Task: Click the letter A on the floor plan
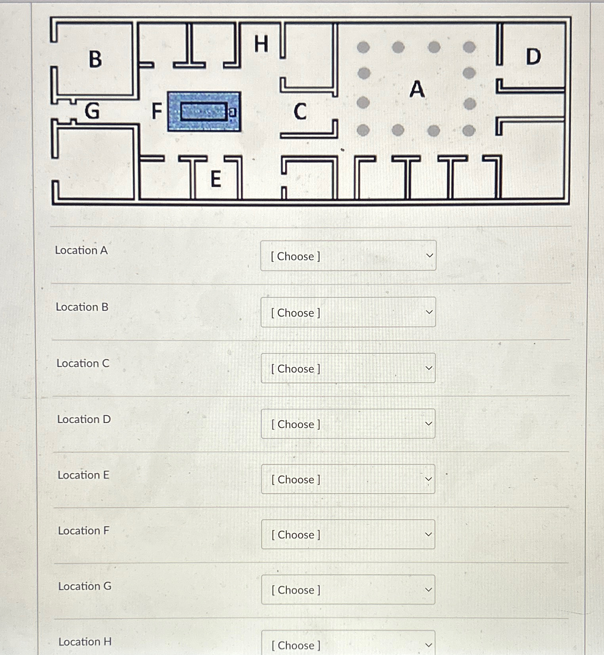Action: [417, 89]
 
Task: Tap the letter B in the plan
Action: [95, 59]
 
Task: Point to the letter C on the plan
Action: [300, 111]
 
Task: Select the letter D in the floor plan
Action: [533, 57]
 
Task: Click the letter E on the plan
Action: [216, 179]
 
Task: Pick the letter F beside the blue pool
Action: [157, 111]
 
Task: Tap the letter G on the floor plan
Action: [92, 111]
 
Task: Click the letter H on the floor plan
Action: [261, 44]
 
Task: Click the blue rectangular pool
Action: [204, 111]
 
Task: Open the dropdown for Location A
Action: [348, 256]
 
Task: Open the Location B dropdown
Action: [348, 312]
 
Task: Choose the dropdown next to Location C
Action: [348, 368]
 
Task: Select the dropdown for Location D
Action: [348, 424]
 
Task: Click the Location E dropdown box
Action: [348, 479]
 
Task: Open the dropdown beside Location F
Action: [348, 534]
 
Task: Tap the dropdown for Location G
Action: [348, 590]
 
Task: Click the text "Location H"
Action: [85, 642]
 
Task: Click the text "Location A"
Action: [81, 250]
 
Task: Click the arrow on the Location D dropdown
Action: [428, 424]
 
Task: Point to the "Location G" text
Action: [85, 586]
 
